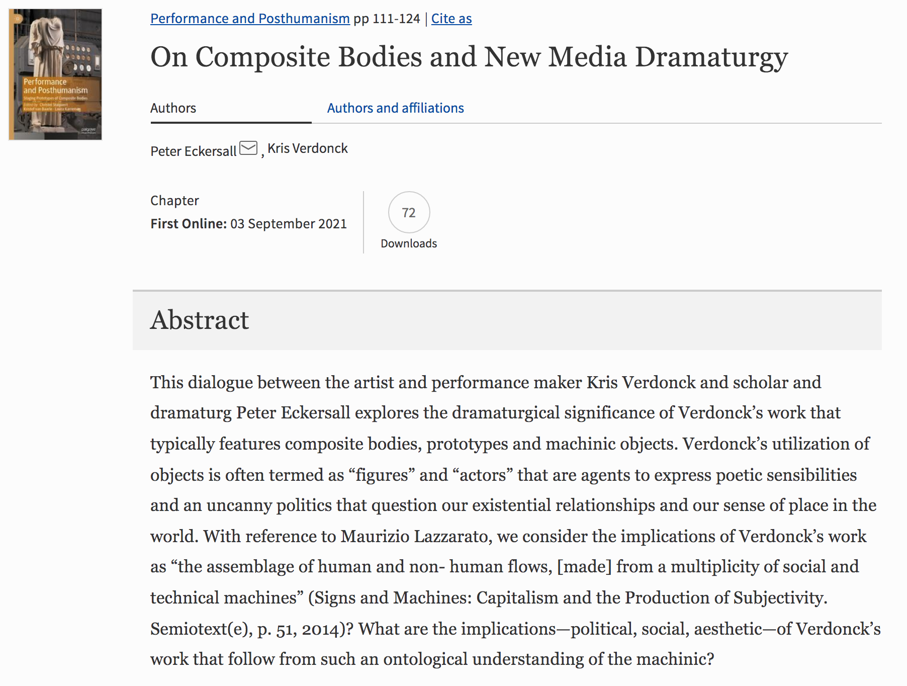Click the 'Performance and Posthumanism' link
point(250,19)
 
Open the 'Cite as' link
point(451,19)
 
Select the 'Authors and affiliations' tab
point(395,108)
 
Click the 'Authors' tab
point(173,108)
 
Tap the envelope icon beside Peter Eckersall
point(248,148)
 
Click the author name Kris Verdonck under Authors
point(307,148)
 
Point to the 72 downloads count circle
point(409,212)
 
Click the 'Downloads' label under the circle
point(409,243)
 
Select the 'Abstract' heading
point(200,320)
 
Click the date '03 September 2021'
point(289,224)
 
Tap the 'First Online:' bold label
point(189,224)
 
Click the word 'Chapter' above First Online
point(174,201)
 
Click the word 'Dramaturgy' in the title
point(711,57)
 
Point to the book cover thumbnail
point(55,74)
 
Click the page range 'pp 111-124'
point(387,19)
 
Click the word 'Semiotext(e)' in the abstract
point(201,629)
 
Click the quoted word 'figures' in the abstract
point(382,475)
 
